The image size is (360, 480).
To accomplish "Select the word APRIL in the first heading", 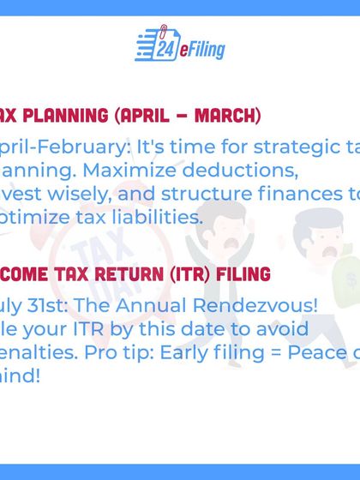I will tap(155, 114).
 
